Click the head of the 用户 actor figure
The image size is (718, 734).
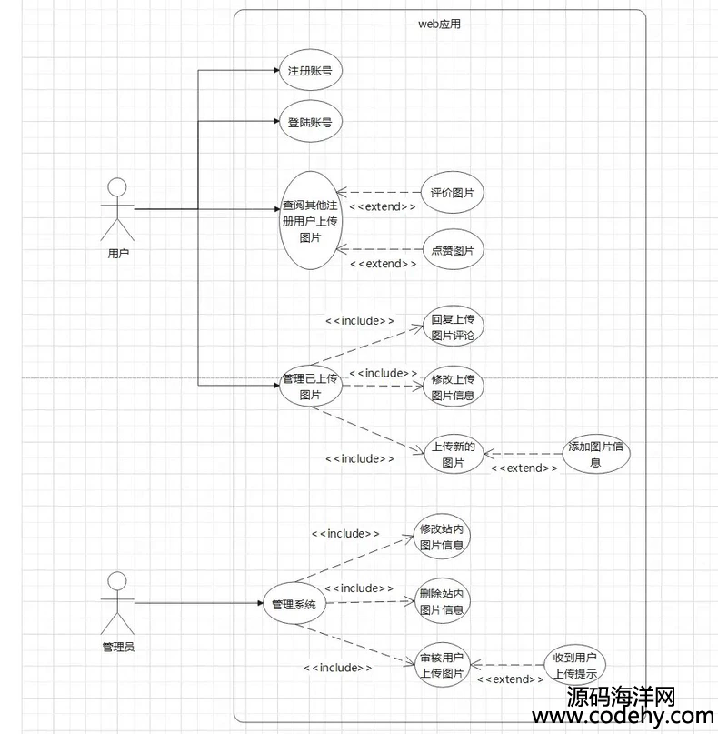pos(117,186)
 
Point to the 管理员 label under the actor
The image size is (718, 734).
pos(118,647)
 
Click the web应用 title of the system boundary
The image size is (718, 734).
pos(439,24)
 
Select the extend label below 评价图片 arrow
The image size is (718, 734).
pos(383,206)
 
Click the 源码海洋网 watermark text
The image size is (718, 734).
pos(621,697)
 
